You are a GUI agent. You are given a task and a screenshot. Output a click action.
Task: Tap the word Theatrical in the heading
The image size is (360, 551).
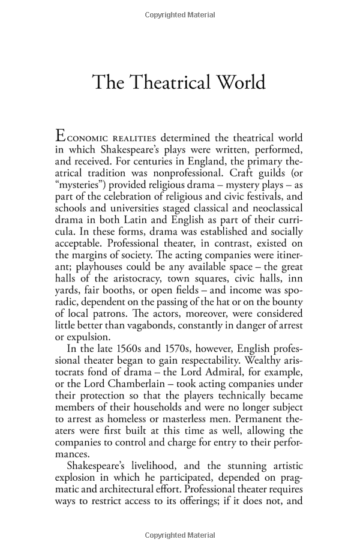click(161, 82)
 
